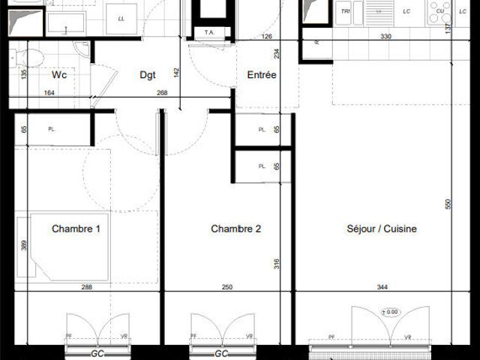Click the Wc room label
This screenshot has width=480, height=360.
60,75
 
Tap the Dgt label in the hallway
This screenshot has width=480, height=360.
148,75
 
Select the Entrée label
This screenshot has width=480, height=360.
262,75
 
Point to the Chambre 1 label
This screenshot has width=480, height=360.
76,229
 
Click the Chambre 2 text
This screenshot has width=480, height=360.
235,229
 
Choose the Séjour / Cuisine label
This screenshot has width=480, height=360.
382,229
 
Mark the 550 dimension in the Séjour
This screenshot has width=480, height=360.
448,204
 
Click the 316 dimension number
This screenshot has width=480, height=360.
276,263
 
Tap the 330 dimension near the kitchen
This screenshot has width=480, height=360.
385,36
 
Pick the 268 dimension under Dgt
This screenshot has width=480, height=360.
161,94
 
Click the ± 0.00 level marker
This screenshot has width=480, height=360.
390,311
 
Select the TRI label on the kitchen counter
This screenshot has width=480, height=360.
346,12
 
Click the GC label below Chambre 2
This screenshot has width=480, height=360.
221,353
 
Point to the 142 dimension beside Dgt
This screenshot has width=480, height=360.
177,72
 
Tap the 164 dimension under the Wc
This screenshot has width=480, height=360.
50,94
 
